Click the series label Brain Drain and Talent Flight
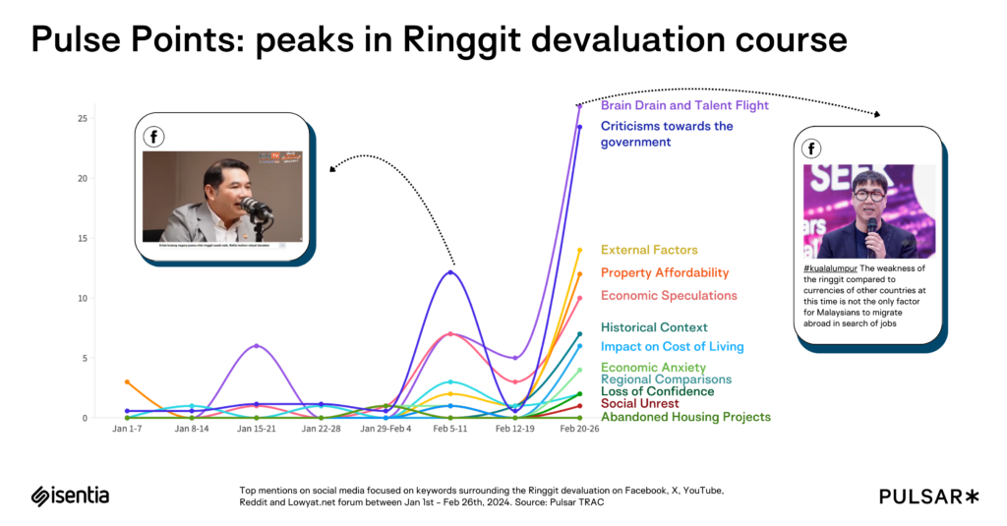pos(684,105)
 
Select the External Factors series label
pos(649,250)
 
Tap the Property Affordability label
pos(665,272)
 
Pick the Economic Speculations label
pos(669,295)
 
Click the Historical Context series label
pos(654,327)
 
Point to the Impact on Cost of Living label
pos(672,346)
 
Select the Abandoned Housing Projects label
pos(685,417)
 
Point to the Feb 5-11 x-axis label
pos(450,430)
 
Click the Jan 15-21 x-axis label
pos(257,430)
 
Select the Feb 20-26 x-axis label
pos(579,430)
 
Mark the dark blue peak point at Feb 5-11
pos(450,272)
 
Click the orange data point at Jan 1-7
pos(127,381)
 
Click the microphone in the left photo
pos(255,206)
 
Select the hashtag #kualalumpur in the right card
pos(832,267)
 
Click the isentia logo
pos(70,496)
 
